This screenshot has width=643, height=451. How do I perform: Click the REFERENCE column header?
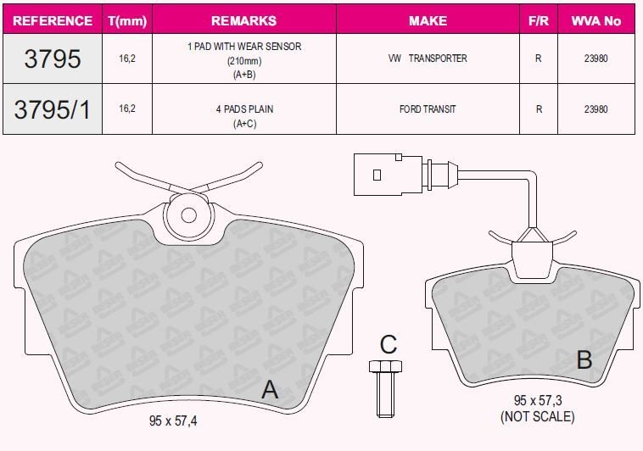click(53, 20)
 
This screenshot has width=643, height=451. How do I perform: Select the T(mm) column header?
click(127, 21)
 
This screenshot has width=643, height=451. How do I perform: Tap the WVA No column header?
click(595, 20)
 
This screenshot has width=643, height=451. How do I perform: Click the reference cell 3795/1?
click(52, 109)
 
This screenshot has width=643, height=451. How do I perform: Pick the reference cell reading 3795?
click(52, 58)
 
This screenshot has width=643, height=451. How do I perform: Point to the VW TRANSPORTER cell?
click(428, 58)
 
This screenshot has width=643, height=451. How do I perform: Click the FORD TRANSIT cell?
click(428, 109)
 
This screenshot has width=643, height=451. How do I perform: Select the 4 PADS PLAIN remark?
click(244, 109)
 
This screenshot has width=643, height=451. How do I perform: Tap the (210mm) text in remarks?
click(244, 61)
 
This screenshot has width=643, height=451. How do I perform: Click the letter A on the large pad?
click(270, 389)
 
